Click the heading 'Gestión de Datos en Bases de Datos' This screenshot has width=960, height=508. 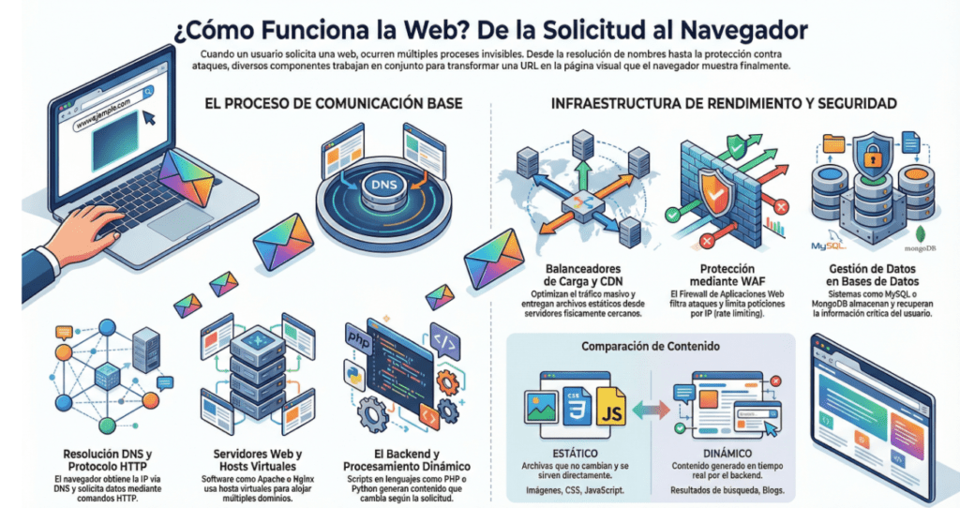865,274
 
